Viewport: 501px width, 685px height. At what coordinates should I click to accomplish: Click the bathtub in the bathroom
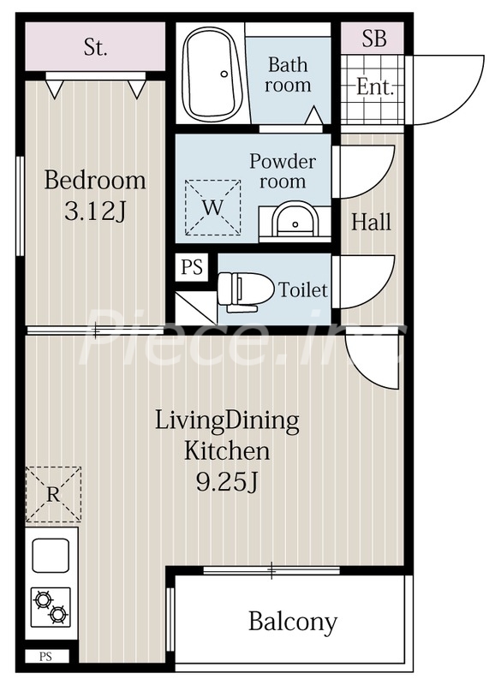pos(212,74)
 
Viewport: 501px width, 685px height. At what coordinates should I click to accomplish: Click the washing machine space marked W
pos(212,207)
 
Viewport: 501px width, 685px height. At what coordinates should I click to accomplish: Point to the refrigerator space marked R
pos(53,494)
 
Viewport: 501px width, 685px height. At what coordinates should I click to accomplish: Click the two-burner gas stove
pos(51,607)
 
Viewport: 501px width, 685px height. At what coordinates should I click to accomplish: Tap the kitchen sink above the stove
pos(51,555)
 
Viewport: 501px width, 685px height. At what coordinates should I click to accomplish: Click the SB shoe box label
pos(374,39)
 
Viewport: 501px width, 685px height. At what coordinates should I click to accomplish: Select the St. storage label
pos(96,46)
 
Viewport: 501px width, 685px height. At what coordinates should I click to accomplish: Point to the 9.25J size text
pos(226,482)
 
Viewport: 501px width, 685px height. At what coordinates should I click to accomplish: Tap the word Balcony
pos(293,622)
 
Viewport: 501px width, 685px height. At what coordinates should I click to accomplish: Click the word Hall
pos(372,222)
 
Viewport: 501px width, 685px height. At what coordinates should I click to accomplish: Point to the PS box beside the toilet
pos(192,267)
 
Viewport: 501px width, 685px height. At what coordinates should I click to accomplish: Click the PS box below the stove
pos(46,657)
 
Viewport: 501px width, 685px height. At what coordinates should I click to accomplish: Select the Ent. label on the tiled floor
pos(375,86)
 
